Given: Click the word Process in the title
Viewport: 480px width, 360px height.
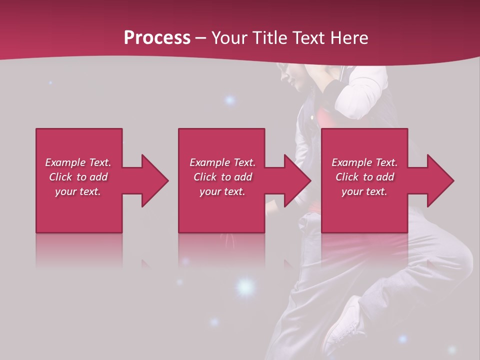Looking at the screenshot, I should (157, 38).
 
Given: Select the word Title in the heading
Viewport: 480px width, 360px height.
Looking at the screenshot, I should (270, 38).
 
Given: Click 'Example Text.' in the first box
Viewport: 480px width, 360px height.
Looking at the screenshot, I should (78, 162).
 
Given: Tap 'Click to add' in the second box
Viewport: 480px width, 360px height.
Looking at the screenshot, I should (222, 177).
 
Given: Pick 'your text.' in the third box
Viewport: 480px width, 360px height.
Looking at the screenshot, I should (364, 191).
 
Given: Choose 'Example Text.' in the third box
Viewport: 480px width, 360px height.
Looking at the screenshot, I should (364, 162).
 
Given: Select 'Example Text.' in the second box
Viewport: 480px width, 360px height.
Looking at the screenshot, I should (222, 162).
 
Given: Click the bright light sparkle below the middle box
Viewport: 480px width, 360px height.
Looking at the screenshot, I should (244, 286).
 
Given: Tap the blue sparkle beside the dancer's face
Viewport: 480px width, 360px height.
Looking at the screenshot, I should (229, 100).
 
